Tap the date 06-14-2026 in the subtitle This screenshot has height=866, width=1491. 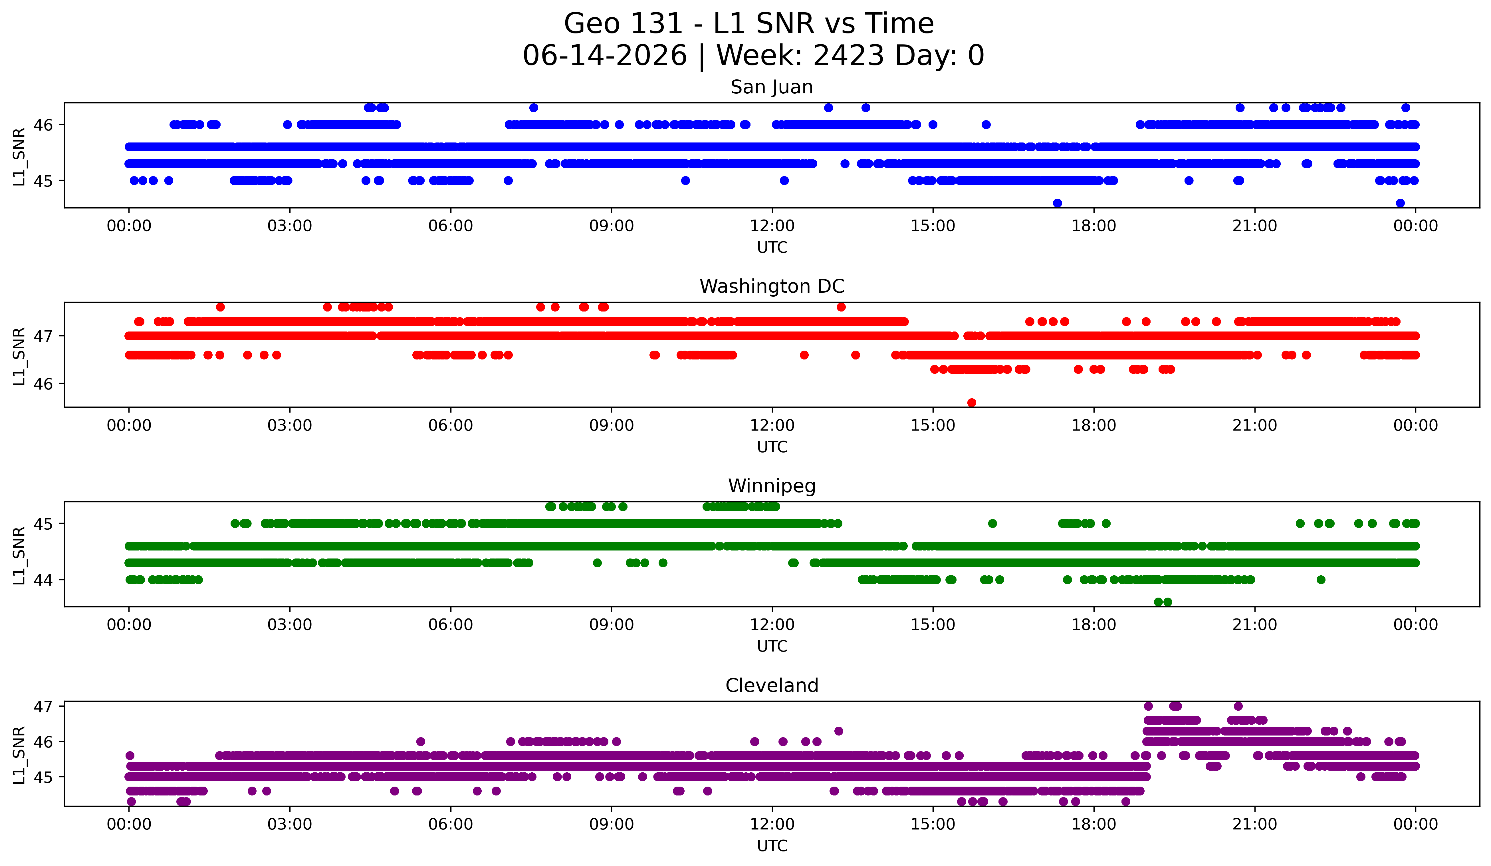[x=605, y=56]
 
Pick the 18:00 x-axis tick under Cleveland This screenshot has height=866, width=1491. [x=1094, y=824]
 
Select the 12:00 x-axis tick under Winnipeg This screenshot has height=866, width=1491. [x=772, y=624]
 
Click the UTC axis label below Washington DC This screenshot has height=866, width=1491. [x=772, y=447]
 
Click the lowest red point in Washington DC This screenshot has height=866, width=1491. [x=972, y=403]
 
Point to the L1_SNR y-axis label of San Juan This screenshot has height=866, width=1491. [x=19, y=156]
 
